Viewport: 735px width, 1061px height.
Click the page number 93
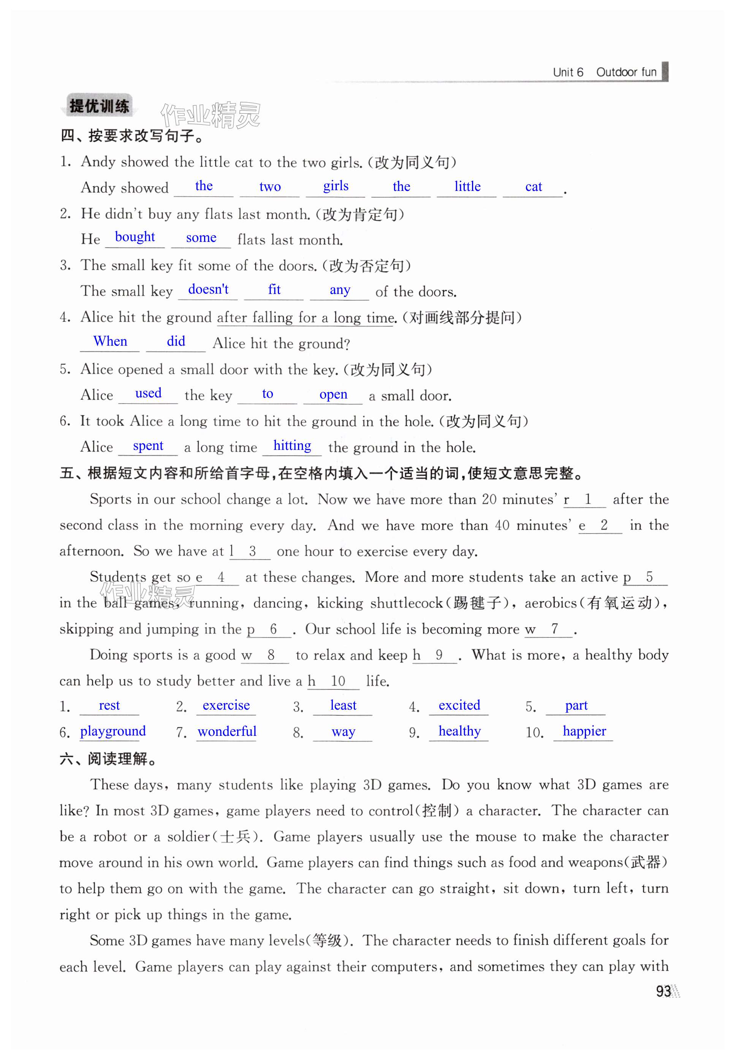point(663,991)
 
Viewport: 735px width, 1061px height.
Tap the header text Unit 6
point(568,72)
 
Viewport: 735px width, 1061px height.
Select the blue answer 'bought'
point(135,237)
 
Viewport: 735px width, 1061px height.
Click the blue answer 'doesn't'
point(208,289)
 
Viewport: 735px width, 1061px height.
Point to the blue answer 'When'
point(110,341)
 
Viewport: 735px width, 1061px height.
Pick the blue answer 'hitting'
point(292,445)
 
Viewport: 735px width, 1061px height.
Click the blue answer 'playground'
point(113,731)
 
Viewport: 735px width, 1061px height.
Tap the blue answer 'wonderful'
point(227,731)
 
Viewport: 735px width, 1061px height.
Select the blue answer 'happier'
point(585,731)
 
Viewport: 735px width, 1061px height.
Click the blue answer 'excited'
point(459,705)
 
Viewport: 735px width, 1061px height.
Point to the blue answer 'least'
point(343,705)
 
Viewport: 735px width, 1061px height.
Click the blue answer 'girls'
point(336,186)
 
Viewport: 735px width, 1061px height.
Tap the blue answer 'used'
point(148,394)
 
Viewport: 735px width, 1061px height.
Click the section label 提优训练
point(99,107)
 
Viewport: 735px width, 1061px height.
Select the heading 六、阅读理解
point(107,759)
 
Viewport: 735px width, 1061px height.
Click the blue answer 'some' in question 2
point(201,238)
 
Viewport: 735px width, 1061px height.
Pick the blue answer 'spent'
point(148,446)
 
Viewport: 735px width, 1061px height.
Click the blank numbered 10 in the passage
point(337,681)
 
